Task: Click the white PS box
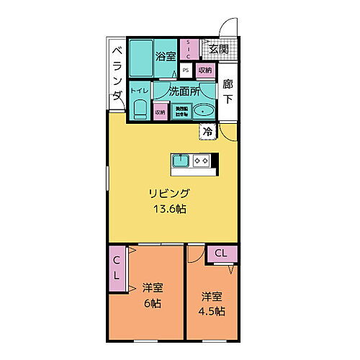tap(186, 71)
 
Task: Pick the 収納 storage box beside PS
tap(205, 71)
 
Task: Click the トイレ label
tap(139, 91)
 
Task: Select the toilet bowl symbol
tap(140, 109)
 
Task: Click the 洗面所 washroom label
tap(184, 91)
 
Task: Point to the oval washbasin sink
tap(205, 110)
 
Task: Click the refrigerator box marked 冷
tap(207, 132)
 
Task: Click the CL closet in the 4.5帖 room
tap(220, 253)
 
